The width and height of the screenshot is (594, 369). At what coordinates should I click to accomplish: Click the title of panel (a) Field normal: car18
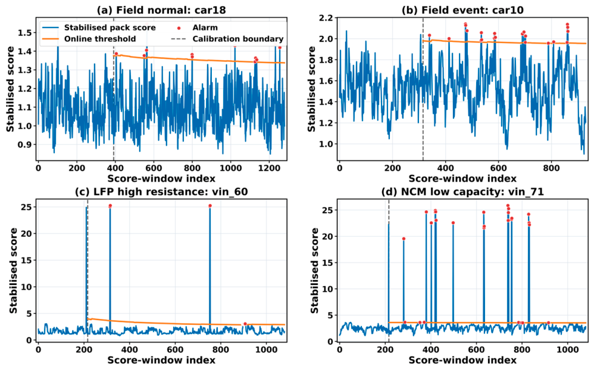coord(161,10)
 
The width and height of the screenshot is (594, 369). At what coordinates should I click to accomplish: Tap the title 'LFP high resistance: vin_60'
coord(161,191)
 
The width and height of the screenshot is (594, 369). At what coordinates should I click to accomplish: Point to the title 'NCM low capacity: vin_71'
coord(462,191)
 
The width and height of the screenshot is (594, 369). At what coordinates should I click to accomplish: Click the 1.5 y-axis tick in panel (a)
coord(24,33)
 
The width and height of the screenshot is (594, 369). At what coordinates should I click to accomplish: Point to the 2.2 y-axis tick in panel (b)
coord(326,18)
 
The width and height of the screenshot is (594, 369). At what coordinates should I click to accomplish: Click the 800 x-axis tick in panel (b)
coord(551,168)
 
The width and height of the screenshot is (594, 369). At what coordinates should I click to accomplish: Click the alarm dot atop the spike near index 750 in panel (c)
coord(210,206)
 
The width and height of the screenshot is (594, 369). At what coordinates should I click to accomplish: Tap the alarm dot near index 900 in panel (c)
coord(245,324)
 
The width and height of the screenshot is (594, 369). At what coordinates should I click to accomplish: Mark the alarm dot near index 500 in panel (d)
coord(453,223)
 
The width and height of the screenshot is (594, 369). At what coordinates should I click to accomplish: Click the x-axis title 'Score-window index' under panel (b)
coord(462,178)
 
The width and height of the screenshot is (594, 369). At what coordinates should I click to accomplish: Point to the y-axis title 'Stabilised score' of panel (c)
coord(14,271)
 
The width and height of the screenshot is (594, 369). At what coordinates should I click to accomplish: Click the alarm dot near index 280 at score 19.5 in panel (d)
coord(404,239)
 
